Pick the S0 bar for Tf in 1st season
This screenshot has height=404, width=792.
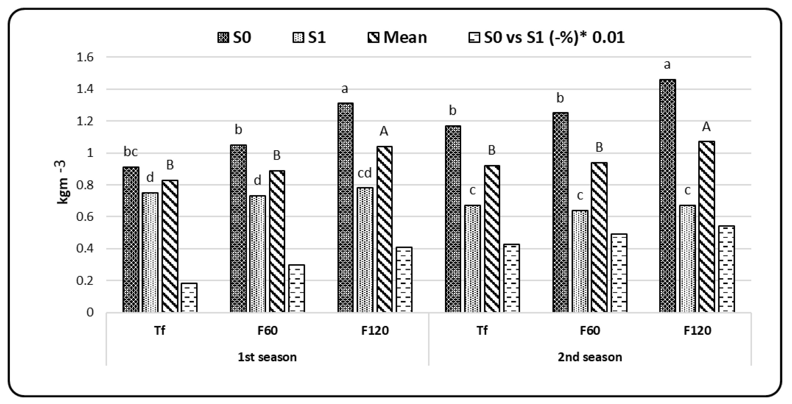point(131,239)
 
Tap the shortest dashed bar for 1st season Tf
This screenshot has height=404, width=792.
point(189,297)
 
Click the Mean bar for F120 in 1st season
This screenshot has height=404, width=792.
point(384,229)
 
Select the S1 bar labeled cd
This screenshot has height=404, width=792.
point(365,250)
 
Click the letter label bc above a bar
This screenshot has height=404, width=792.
point(131,152)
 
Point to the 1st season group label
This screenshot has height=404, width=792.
point(267,357)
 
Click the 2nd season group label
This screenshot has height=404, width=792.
point(590,357)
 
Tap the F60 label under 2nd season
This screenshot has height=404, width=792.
point(590,330)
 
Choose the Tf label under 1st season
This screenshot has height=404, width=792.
point(160,330)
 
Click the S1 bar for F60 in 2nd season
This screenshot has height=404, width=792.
point(580,261)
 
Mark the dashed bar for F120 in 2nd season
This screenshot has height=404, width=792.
point(726,269)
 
